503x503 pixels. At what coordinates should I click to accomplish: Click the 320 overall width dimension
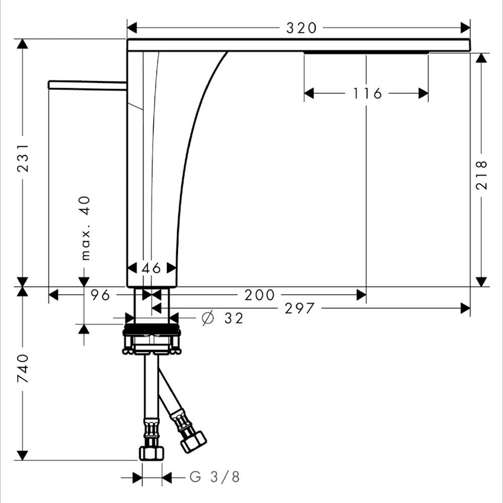tap(301, 28)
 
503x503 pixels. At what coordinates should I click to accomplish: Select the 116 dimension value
tap(367, 93)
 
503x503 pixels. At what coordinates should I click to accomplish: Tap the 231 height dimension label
tap(22, 158)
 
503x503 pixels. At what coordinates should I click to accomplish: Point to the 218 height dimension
tap(481, 175)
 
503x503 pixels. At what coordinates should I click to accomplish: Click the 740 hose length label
tap(22, 369)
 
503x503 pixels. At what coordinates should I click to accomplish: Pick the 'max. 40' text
tap(85, 228)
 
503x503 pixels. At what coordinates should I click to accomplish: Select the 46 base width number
tap(151, 268)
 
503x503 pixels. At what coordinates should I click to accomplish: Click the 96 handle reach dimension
tap(100, 295)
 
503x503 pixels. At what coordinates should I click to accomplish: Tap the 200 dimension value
tap(260, 295)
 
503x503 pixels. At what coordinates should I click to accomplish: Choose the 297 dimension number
tap(299, 308)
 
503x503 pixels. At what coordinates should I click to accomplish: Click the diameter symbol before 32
tap(208, 318)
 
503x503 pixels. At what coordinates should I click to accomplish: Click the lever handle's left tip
tap(49, 85)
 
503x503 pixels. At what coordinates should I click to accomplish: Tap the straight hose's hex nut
tap(151, 453)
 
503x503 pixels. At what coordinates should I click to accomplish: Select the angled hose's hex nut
tap(193, 441)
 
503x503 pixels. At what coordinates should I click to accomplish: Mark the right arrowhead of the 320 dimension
tap(465, 28)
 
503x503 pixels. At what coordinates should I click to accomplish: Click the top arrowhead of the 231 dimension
tap(22, 44)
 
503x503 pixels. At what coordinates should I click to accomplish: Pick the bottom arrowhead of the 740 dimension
tap(22, 455)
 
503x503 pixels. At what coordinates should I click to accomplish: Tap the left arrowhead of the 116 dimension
tap(309, 93)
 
